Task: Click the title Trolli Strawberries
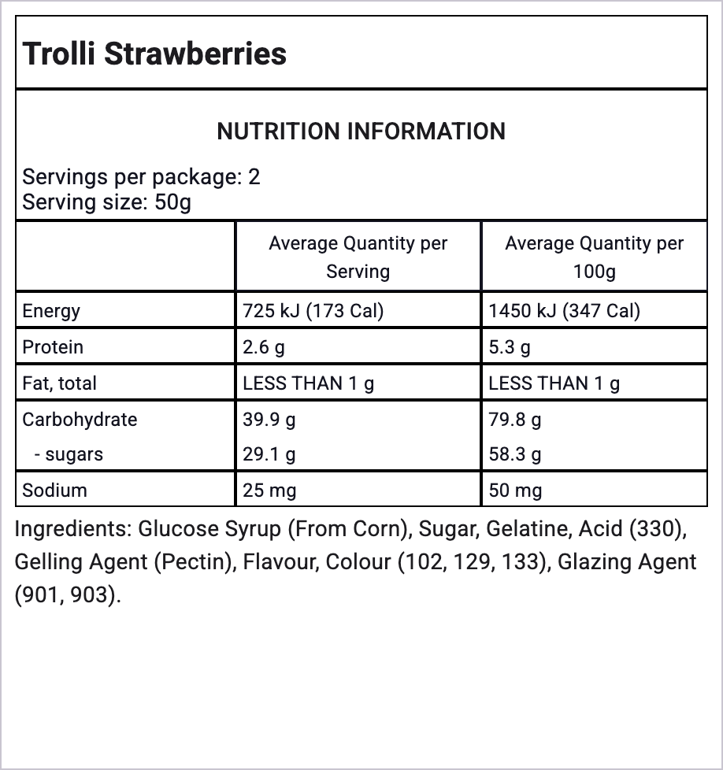pos(155,54)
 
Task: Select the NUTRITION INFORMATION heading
pos(361,131)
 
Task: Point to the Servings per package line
pos(142,176)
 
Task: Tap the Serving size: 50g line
pos(107,202)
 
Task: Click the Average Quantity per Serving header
pos(358,257)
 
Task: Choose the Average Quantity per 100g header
pos(594,257)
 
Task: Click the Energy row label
pos(51,311)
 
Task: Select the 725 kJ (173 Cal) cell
pos(313,311)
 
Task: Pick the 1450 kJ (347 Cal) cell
pos(565,311)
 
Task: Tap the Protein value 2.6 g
pos(264,347)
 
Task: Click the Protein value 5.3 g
pos(510,347)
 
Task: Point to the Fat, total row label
pos(60,383)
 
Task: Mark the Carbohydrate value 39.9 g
pos(269,420)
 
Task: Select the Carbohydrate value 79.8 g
pos(515,420)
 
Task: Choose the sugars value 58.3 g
pos(515,454)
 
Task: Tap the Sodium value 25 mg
pos(269,491)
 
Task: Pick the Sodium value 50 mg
pos(515,491)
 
